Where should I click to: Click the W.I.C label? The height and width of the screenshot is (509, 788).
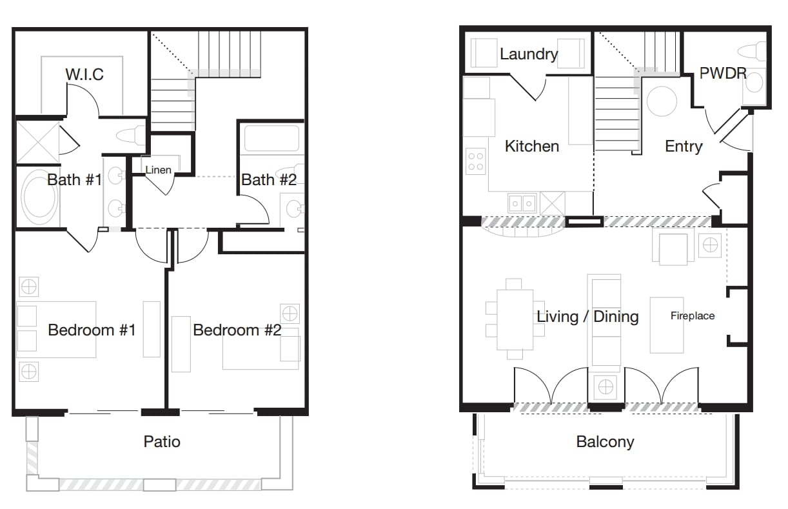(x=84, y=74)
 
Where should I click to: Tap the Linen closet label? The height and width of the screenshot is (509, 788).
(x=158, y=170)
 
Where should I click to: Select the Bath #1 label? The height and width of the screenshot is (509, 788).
(x=75, y=180)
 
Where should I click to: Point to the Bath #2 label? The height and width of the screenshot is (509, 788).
(x=269, y=180)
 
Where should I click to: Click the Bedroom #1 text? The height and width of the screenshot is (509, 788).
(x=92, y=330)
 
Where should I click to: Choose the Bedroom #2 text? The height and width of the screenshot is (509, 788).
(x=237, y=330)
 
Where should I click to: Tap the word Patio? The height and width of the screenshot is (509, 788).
(x=162, y=442)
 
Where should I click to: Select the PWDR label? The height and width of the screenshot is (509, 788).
(x=723, y=74)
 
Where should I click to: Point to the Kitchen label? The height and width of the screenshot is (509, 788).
(x=532, y=146)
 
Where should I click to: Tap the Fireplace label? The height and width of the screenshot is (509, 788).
(x=693, y=315)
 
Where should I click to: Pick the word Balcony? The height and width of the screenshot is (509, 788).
(x=605, y=442)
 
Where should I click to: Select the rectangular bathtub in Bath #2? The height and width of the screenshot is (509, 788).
(x=271, y=138)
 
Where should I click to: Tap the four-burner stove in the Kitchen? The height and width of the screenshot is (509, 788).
(x=476, y=161)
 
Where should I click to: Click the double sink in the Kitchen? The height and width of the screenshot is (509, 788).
(x=522, y=203)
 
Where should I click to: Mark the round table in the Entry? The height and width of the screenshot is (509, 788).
(x=662, y=101)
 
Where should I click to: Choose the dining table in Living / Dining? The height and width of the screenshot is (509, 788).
(x=515, y=319)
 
